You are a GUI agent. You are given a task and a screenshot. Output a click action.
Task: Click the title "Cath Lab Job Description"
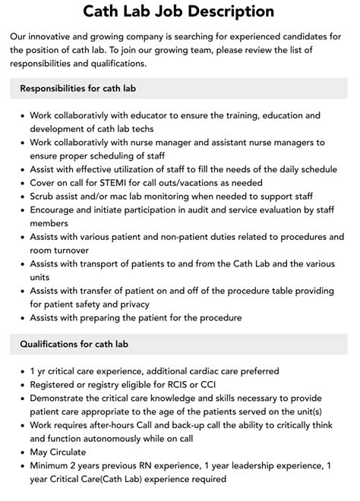coord(179,11)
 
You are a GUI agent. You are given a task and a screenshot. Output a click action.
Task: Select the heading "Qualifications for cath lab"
coord(74,344)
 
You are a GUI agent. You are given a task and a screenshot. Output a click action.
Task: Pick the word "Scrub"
coord(44,197)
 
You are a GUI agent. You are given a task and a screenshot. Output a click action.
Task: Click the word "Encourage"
coord(57,210)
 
